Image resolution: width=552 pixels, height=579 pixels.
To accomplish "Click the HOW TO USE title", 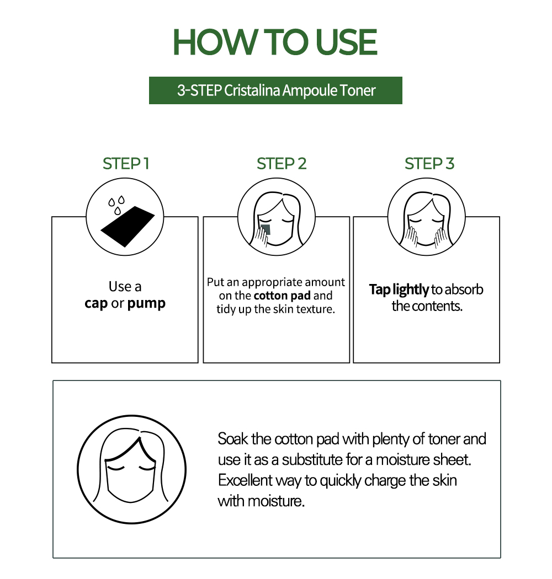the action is [x=275, y=42].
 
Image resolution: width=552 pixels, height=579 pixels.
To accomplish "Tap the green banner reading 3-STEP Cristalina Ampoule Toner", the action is [x=275, y=90].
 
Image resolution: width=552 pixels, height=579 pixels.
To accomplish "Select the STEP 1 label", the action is [x=126, y=164].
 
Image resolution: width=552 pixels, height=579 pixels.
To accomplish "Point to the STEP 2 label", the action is [x=282, y=164].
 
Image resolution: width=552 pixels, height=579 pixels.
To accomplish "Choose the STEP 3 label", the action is [x=429, y=164].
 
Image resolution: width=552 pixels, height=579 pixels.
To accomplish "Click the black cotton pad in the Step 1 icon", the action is [x=128, y=226].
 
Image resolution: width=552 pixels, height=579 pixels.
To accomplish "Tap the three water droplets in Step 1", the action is [x=116, y=205].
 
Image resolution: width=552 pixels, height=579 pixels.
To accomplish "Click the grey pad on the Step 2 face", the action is [x=266, y=230].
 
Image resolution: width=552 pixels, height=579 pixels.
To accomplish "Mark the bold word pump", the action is [x=146, y=304].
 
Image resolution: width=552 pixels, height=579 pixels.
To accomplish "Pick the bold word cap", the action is [x=96, y=304].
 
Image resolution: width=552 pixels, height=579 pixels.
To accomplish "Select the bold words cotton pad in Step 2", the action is [x=282, y=296].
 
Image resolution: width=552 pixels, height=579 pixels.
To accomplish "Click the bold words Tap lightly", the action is [x=399, y=290].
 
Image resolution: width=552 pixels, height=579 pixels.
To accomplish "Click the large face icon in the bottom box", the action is [x=131, y=469].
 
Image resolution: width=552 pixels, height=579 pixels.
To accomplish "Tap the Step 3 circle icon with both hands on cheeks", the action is [x=426, y=217].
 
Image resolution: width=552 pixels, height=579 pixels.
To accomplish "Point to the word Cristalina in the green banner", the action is [x=252, y=90].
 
